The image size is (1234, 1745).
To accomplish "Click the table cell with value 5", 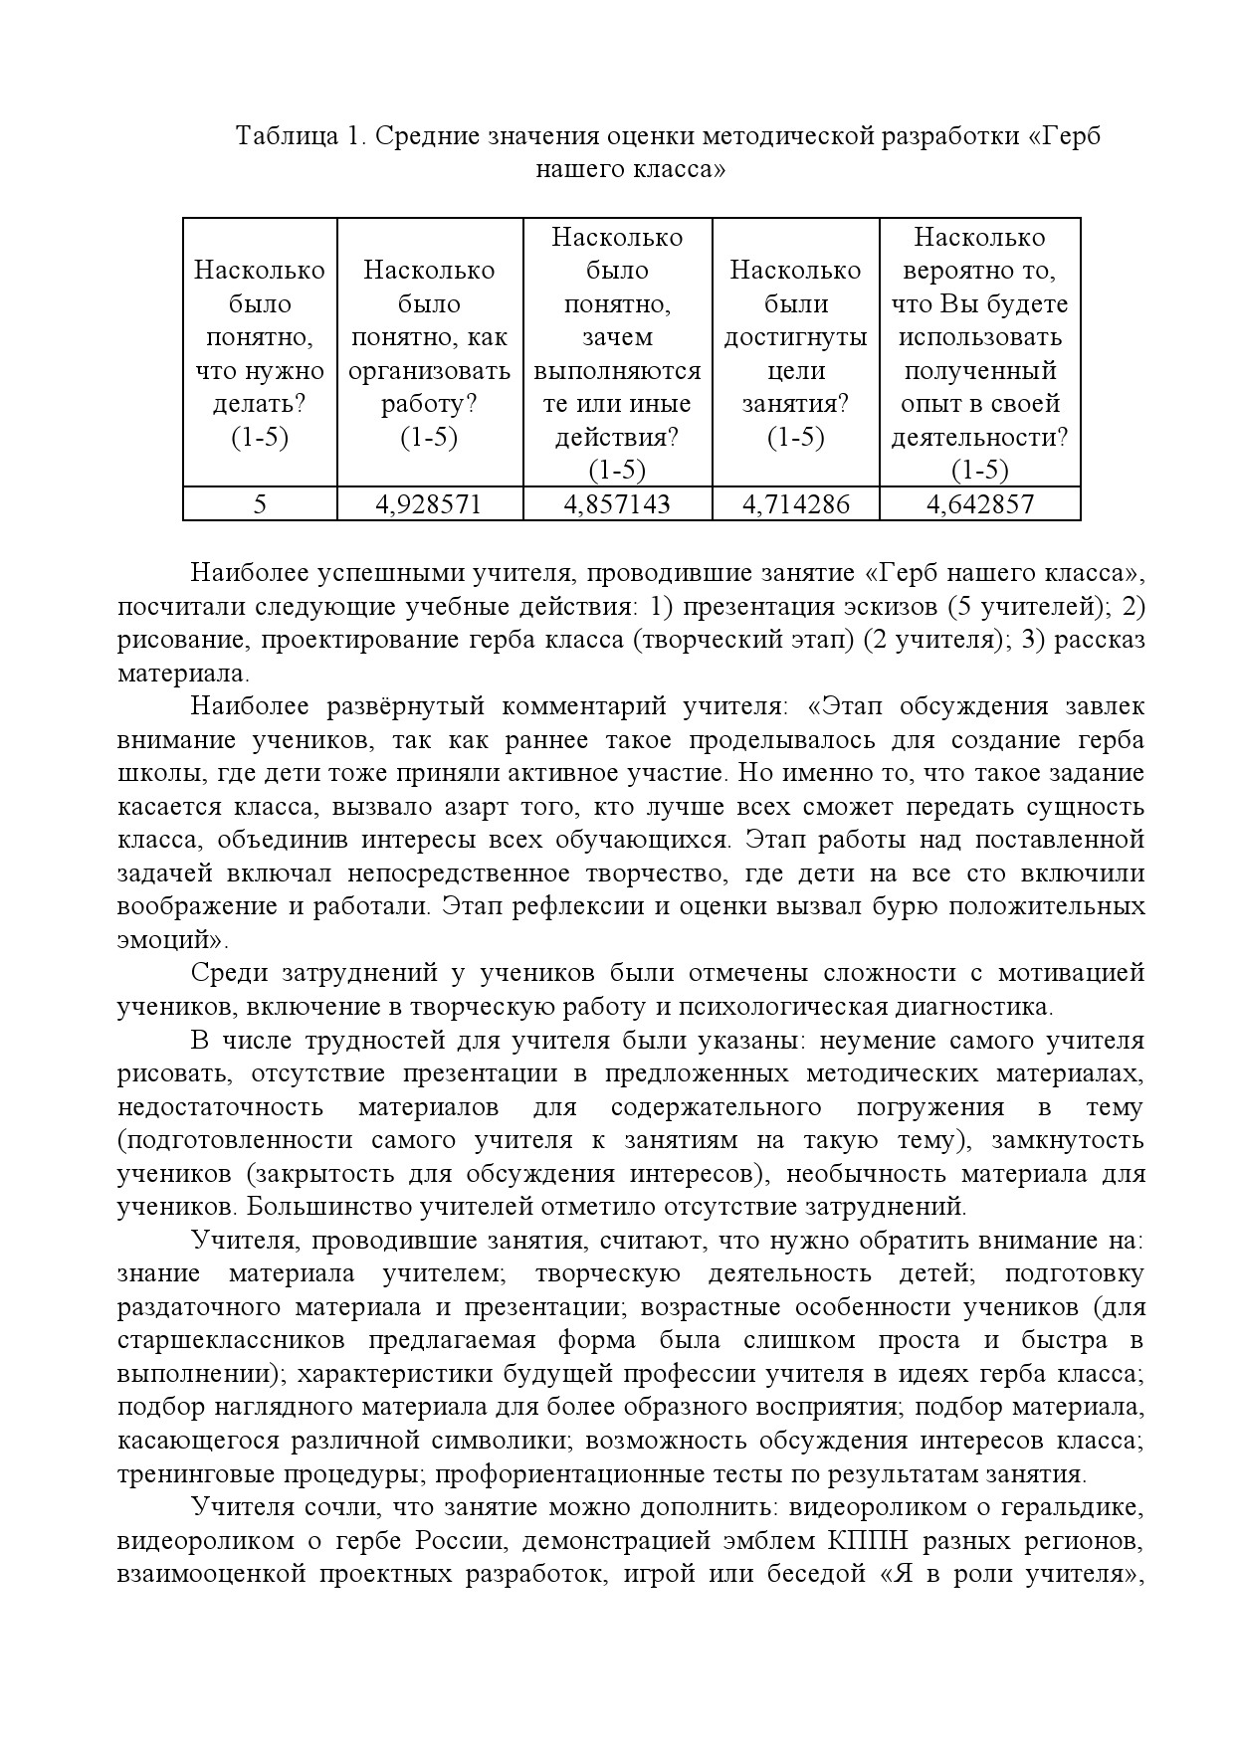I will pyautogui.click(x=260, y=504).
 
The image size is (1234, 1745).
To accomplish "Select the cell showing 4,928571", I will pyautogui.click(x=429, y=504).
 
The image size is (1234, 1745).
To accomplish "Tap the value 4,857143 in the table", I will pyautogui.click(x=617, y=504).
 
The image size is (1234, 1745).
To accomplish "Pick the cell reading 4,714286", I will pyautogui.click(x=796, y=504).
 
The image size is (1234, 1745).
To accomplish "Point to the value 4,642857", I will pyautogui.click(x=980, y=504).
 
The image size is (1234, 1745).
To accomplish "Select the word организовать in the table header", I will pyautogui.click(x=429, y=371).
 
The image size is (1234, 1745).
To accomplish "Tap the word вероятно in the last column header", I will pyautogui.click(x=980, y=271).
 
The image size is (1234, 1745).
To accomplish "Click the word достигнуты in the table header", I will pyautogui.click(x=796, y=337).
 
